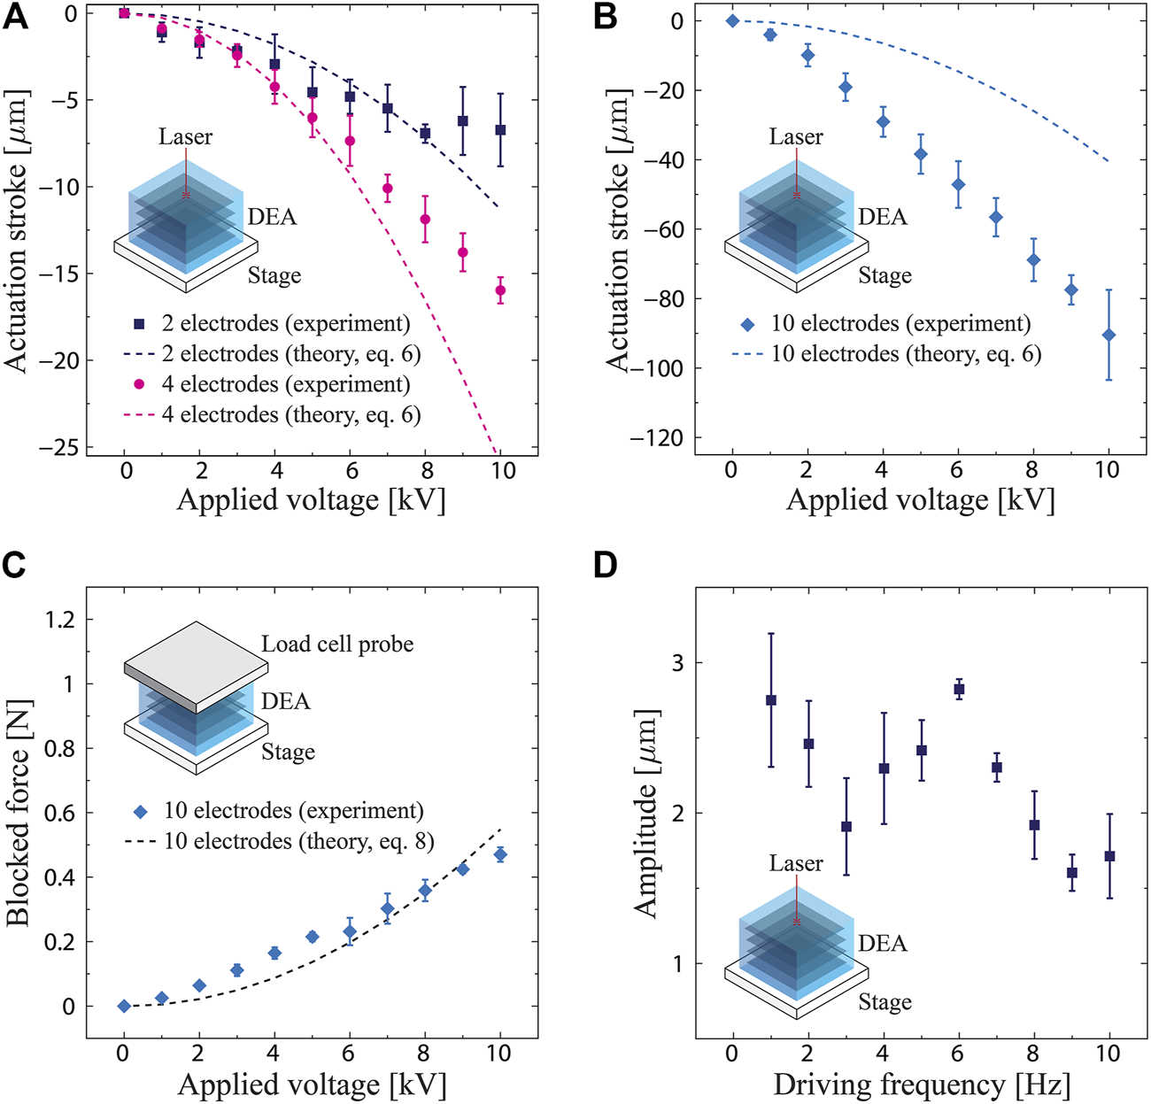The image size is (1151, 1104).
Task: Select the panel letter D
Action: pyautogui.click(x=605, y=565)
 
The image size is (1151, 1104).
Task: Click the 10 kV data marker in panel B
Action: pyautogui.click(x=1109, y=335)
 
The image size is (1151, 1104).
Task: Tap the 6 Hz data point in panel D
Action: pyautogui.click(x=958, y=689)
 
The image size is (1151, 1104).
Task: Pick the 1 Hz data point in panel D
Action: pyautogui.click(x=770, y=699)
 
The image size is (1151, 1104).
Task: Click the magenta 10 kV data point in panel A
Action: pyautogui.click(x=500, y=290)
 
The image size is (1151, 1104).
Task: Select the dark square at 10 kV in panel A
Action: pyautogui.click(x=500, y=129)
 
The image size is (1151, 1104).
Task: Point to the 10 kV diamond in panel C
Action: pyautogui.click(x=500, y=854)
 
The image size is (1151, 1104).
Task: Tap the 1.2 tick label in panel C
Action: pyautogui.click(x=59, y=619)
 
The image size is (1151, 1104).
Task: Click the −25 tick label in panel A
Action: pyautogui.click(x=57, y=447)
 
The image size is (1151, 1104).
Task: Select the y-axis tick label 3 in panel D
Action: pyautogui.click(x=677, y=662)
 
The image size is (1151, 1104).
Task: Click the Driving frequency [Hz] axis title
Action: pyautogui.click(x=921, y=1085)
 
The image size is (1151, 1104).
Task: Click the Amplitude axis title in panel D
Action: pyautogui.click(x=646, y=814)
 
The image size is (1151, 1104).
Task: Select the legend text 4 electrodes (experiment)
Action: pyautogui.click(x=286, y=384)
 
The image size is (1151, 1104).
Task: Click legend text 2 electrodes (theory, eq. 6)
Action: pyautogui.click(x=291, y=354)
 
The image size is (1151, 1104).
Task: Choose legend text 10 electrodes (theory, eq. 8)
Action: pyautogui.click(x=298, y=841)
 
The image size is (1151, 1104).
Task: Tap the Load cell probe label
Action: pyautogui.click(x=337, y=644)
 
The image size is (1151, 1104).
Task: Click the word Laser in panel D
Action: pyautogui.click(x=795, y=863)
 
